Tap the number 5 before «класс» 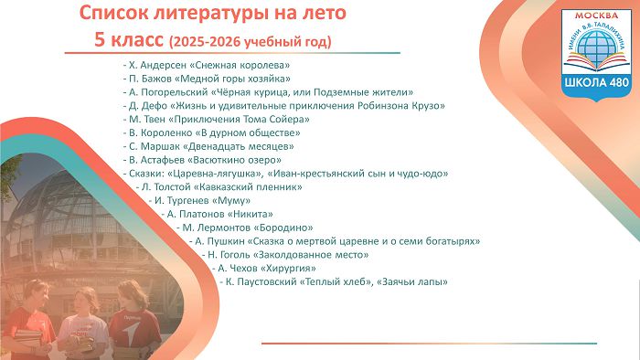click(x=100, y=40)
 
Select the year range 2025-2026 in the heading click(x=206, y=42)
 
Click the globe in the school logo click(x=596, y=43)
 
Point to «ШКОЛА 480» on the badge click(x=596, y=82)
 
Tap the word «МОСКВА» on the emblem click(x=596, y=16)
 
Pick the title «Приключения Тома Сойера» click(x=239, y=120)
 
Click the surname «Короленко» click(x=166, y=132)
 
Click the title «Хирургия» click(x=288, y=269)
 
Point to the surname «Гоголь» click(x=235, y=255)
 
